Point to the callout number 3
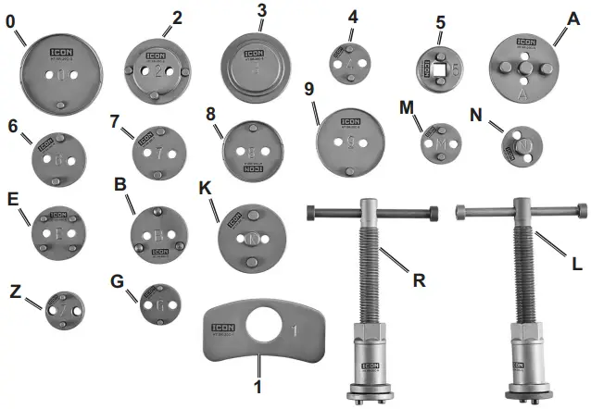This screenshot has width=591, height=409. tap(262, 10)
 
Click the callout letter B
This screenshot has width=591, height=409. tap(119, 184)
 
